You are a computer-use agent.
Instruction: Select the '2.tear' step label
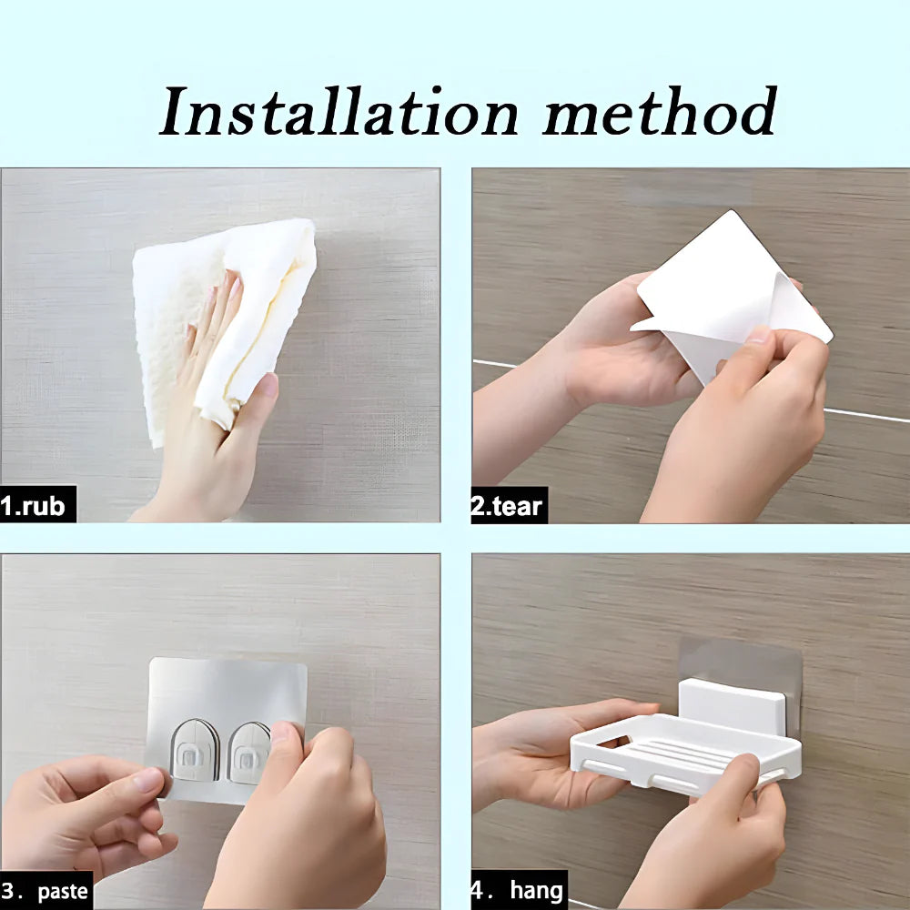tap(508, 505)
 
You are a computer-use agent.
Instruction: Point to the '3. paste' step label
tap(45, 890)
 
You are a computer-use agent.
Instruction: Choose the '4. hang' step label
tap(518, 890)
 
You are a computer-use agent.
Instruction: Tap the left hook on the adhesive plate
tap(195, 751)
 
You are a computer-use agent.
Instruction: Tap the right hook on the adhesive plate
tap(248, 751)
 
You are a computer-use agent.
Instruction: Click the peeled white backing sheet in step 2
tap(728, 291)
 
